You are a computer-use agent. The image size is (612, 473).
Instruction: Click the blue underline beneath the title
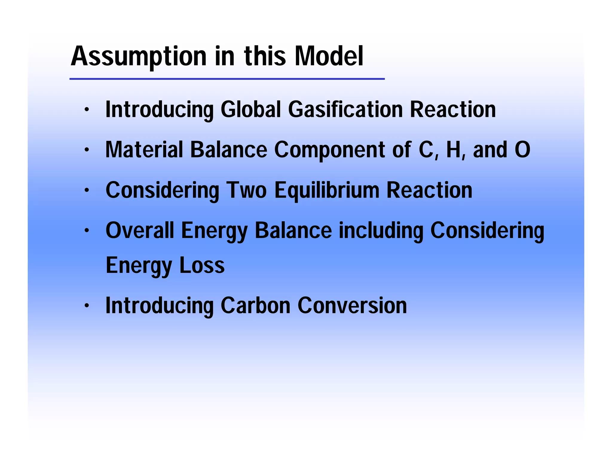(227, 79)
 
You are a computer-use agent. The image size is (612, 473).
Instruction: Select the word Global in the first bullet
(251, 109)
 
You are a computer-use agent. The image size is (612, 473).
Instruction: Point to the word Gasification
(345, 109)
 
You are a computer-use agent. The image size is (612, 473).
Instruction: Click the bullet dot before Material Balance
(87, 150)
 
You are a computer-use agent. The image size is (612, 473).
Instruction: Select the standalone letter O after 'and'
(522, 150)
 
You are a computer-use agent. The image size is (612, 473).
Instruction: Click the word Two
(246, 190)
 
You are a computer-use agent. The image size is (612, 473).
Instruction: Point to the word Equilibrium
(327, 191)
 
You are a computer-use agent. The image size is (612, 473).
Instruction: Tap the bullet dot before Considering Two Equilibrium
(87, 190)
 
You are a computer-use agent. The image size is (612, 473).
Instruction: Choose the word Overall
(140, 231)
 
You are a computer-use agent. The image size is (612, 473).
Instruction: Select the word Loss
(202, 266)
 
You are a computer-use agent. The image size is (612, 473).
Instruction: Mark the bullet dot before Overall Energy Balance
(87, 231)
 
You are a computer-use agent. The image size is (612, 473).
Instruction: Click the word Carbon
(255, 306)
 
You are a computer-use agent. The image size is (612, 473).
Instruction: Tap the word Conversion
(352, 306)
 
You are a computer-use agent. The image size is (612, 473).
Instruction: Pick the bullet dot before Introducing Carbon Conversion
(87, 306)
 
